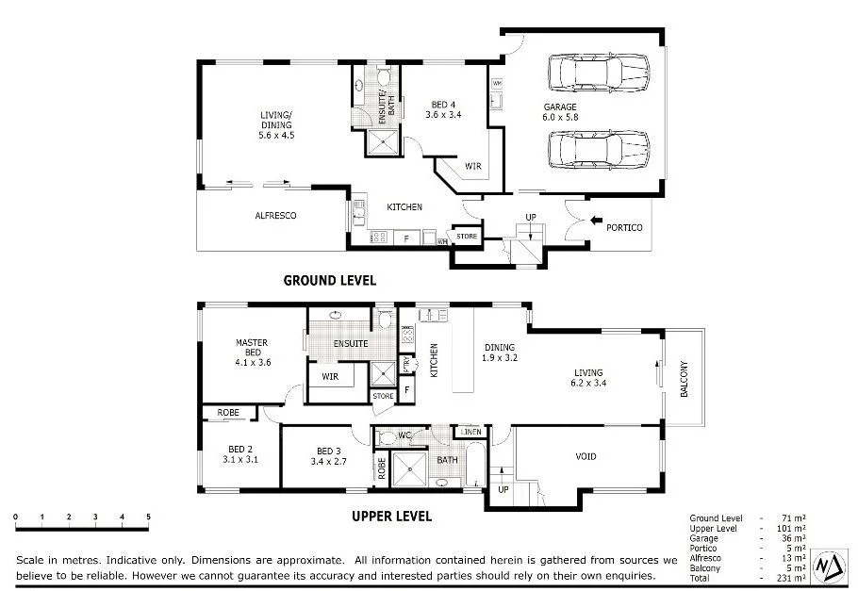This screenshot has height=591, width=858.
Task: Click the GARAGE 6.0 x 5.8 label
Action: (559, 112)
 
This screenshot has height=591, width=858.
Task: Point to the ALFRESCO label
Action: (275, 216)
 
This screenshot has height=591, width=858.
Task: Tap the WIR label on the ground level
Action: (472, 167)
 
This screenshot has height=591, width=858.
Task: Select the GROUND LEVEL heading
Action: (330, 280)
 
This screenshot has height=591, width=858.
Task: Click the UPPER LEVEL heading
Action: (391, 517)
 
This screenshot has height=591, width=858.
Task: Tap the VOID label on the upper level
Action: (586, 457)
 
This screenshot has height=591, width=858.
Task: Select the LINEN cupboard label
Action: (472, 432)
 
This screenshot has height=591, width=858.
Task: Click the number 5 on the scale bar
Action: (148, 517)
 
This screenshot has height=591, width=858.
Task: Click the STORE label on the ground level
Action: (467, 236)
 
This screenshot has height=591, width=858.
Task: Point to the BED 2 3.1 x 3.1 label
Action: (239, 454)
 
